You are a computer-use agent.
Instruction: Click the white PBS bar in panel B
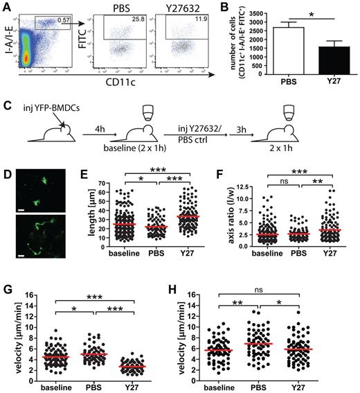(x=279, y=51)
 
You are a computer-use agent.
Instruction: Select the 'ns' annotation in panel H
(x=279, y=283)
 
